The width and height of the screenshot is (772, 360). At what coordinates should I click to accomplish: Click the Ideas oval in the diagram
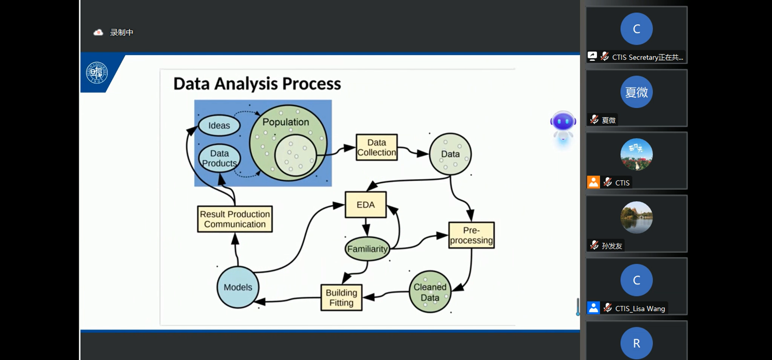click(x=219, y=126)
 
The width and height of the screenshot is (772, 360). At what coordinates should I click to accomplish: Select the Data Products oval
click(x=219, y=158)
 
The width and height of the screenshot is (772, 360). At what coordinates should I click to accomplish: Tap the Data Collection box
click(x=376, y=147)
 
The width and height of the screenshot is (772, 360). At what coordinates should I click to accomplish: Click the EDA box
click(x=365, y=205)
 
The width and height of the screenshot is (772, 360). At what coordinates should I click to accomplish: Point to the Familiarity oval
click(x=367, y=249)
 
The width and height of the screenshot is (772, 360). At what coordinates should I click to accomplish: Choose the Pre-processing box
click(x=471, y=235)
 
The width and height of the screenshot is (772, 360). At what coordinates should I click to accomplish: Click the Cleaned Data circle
click(x=430, y=292)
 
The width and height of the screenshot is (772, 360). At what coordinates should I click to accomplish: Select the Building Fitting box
click(x=341, y=298)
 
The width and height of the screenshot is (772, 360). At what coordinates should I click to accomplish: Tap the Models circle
click(x=238, y=287)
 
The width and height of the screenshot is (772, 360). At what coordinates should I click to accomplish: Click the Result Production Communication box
click(x=235, y=219)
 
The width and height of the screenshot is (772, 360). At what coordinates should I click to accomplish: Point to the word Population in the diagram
click(x=285, y=122)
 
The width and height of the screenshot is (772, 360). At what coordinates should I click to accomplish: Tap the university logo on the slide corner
click(x=97, y=73)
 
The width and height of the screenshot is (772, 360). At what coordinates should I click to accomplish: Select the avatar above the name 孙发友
click(x=637, y=218)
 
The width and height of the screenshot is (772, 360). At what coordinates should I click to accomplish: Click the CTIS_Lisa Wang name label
click(x=640, y=309)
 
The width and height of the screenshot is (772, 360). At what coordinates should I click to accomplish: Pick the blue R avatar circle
click(x=637, y=343)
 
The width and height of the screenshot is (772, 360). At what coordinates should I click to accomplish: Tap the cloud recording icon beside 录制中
click(x=98, y=32)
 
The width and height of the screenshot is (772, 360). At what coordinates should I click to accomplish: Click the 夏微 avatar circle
click(x=637, y=92)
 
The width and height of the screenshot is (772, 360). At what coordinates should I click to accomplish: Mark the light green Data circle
click(x=450, y=154)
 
